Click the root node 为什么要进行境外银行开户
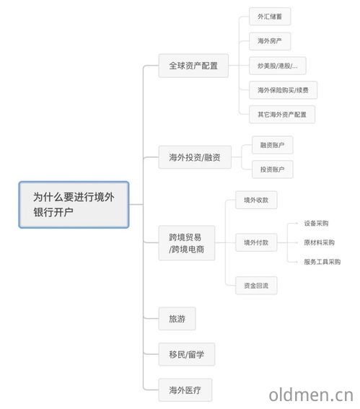(x=74, y=205)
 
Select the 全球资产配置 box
(x=193, y=66)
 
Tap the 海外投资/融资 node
(x=195, y=157)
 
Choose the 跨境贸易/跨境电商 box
(x=187, y=243)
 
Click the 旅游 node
(x=177, y=319)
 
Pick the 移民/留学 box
(x=187, y=354)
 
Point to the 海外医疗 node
(x=185, y=390)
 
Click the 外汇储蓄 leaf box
(x=270, y=17)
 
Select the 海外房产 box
(x=270, y=41)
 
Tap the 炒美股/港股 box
(x=277, y=66)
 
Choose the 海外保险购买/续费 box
(x=283, y=90)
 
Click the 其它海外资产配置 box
(x=282, y=114)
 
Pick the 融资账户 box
(x=273, y=145)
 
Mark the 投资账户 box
(x=273, y=170)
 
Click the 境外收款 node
(x=256, y=200)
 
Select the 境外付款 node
(x=256, y=242)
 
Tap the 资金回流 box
(x=256, y=286)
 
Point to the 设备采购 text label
(x=316, y=224)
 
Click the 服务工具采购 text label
(x=322, y=262)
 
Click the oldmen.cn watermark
(x=311, y=395)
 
